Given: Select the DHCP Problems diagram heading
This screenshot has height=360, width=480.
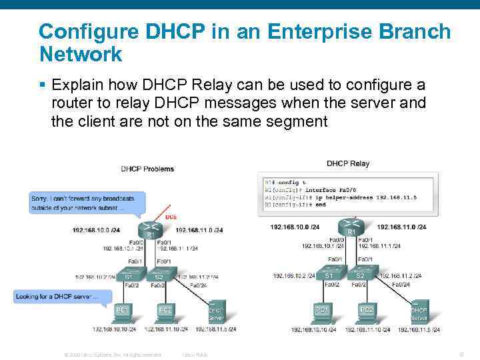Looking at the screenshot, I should [147, 169].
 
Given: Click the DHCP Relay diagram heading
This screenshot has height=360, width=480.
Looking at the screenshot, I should [347, 163].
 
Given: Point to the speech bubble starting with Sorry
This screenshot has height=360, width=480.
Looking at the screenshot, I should [86, 203].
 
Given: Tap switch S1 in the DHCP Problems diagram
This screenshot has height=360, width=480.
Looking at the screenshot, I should [129, 275].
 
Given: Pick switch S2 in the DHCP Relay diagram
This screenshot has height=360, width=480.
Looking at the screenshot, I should [361, 274].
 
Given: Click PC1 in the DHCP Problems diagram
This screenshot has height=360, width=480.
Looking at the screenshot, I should [122, 310].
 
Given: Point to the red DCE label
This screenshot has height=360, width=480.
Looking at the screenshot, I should [171, 217].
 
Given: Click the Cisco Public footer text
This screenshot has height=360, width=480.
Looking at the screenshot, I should [195, 355].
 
